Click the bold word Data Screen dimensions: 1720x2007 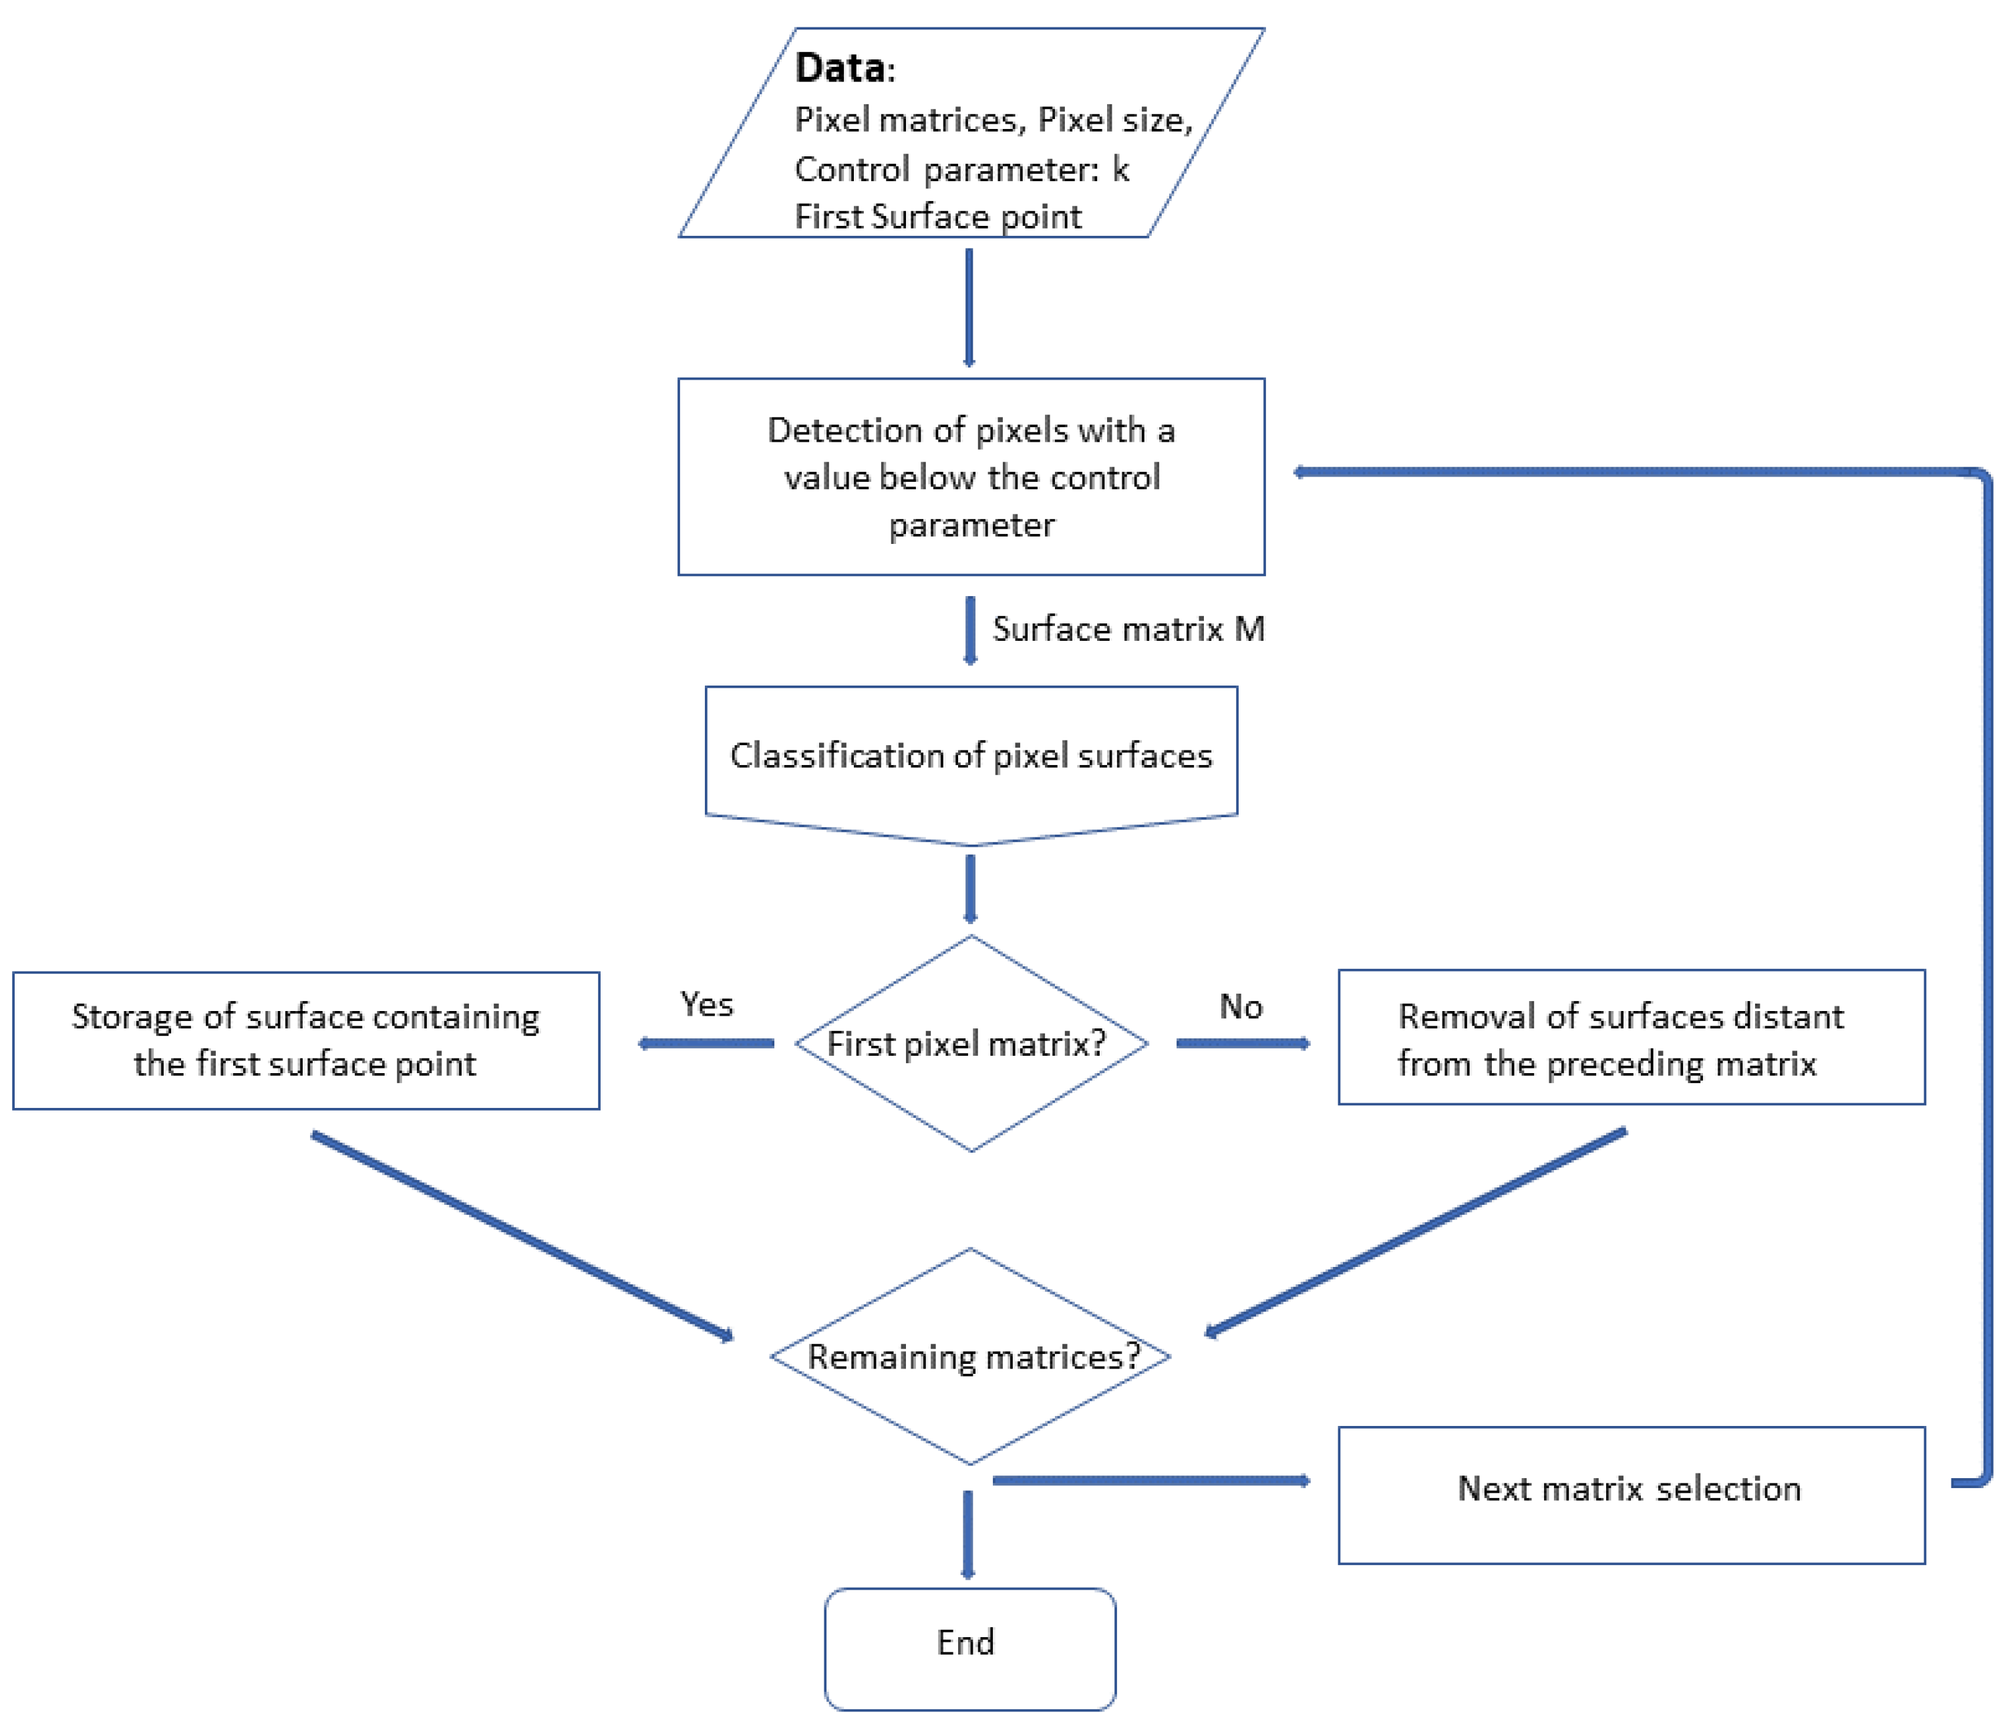pos(839,68)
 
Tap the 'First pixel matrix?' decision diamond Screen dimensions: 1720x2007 pos(971,1044)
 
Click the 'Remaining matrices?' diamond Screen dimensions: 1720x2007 pos(971,1356)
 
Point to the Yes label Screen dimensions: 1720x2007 pos(706,1004)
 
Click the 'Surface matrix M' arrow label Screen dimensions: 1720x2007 pos(1128,629)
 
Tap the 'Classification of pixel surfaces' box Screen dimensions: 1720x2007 pos(971,756)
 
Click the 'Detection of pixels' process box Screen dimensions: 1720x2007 pos(971,476)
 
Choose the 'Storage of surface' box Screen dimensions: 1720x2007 pos(306,1040)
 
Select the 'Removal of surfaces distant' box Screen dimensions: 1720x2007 pos(1630,1038)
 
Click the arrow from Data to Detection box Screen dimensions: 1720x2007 pos(969,307)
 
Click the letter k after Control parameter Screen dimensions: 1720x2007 pos(1120,170)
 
